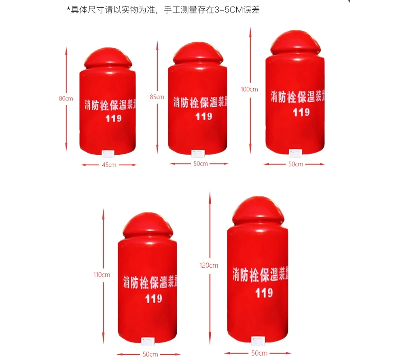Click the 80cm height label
coord(66,98)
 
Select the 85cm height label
coord(157,97)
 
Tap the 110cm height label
coord(102,275)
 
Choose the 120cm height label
coord(209,266)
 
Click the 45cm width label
coord(109,165)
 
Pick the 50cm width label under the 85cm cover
coord(201,164)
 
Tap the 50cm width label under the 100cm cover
coord(296,164)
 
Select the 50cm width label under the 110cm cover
coord(150,354)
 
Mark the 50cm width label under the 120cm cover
coord(259,353)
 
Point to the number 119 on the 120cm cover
coord(264,292)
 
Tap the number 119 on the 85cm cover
coord(203,117)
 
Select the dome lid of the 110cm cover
coord(148,226)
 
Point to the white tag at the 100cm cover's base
coord(295,153)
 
